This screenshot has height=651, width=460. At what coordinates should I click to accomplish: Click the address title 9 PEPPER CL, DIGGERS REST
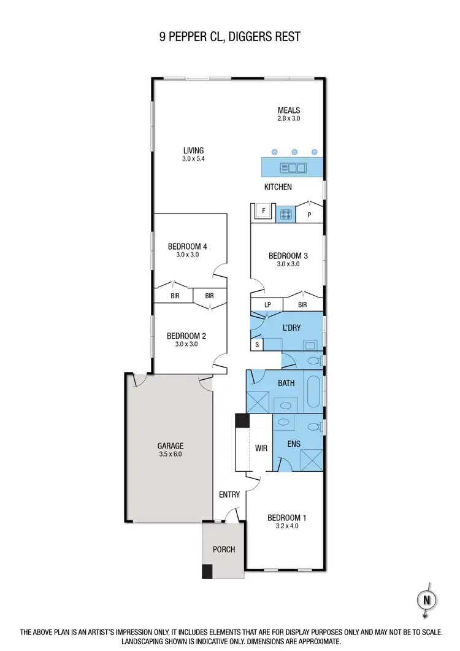click(230, 37)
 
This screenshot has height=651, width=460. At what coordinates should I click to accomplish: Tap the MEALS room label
click(288, 110)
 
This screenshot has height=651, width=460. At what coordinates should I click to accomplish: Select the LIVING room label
click(193, 150)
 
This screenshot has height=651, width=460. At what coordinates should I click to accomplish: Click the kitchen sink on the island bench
click(293, 167)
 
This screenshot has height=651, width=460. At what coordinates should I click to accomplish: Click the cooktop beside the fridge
click(287, 214)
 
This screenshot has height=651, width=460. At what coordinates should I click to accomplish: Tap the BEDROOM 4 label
click(188, 247)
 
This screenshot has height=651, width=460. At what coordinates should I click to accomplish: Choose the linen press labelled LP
click(267, 304)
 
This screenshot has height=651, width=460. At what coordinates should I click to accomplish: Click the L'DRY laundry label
click(291, 328)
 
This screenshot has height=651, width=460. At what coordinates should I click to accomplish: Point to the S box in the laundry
click(257, 345)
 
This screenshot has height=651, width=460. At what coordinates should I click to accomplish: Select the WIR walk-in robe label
click(261, 449)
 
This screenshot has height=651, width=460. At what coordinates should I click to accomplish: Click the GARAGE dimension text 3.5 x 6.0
click(170, 455)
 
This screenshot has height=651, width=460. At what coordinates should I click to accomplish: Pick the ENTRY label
click(229, 494)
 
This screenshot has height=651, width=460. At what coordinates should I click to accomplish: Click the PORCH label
click(224, 549)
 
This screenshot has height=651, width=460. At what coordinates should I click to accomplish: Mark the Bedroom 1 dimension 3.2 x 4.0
click(286, 526)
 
